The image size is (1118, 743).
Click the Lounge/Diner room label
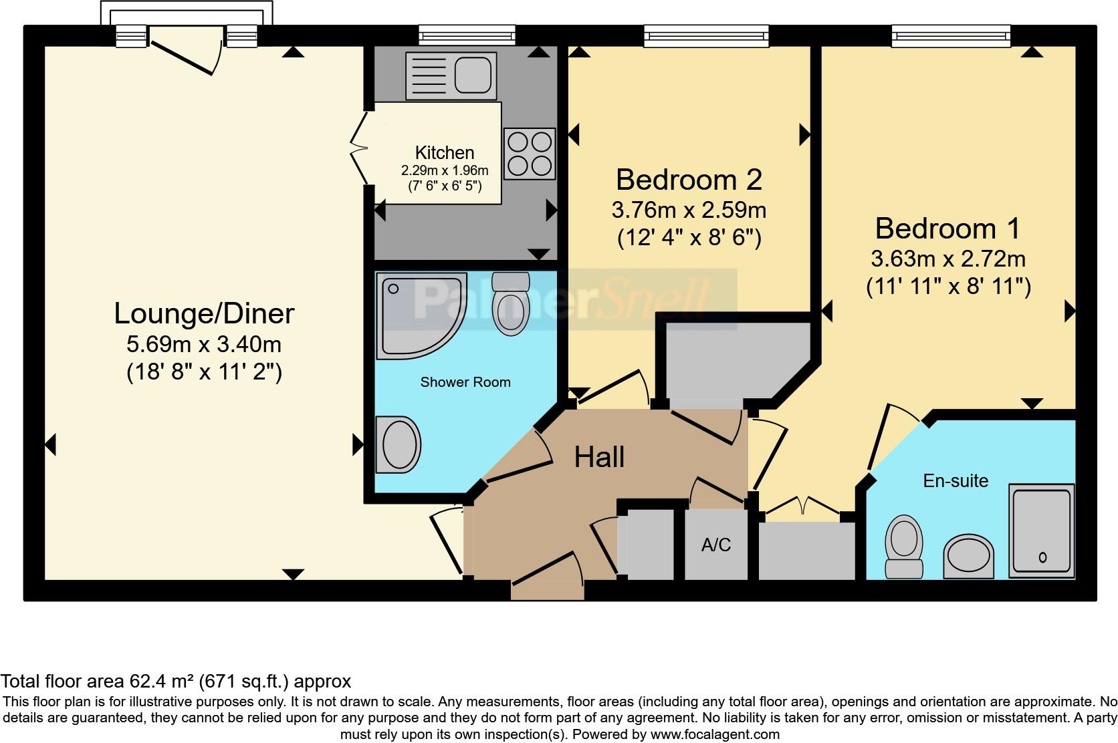coord(204,313)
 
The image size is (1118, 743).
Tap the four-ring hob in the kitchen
coord(530,154)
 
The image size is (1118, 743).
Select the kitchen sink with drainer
coord(451,73)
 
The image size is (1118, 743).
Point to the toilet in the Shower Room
coord(510,304)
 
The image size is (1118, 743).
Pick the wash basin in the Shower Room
coord(398,444)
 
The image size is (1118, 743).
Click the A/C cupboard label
coord(715,545)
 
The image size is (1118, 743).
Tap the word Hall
coord(599,458)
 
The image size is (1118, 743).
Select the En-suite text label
coord(955,480)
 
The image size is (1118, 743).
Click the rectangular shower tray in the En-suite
coord(1042,531)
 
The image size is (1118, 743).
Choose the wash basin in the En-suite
coord(968,555)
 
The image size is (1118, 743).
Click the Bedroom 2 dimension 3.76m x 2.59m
coord(689,210)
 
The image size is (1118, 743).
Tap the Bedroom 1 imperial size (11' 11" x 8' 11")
coord(948,287)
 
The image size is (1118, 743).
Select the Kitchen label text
coord(445,152)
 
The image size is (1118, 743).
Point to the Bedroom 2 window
coord(706,35)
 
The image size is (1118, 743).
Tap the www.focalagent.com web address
coord(714,734)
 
